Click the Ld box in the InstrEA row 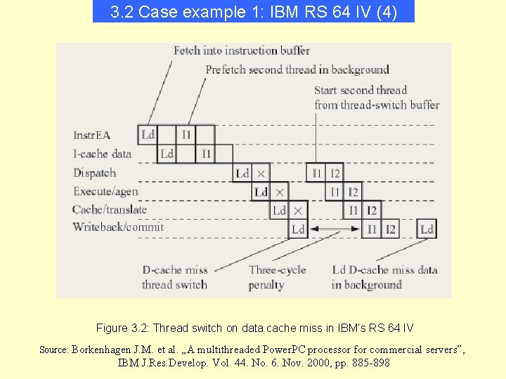(148, 134)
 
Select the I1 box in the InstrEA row (186, 134)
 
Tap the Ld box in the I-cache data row (167, 153)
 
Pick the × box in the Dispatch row (261, 173)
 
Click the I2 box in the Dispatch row (335, 173)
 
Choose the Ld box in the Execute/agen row (261, 192)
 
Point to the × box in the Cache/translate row (298, 211)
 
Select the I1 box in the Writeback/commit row (372, 230)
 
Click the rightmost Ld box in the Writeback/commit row (427, 230)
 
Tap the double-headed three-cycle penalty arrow (335, 230)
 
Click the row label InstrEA (92, 135)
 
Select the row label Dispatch (95, 173)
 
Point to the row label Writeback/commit (118, 227)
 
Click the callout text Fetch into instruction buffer (242, 50)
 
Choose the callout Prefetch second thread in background (297, 69)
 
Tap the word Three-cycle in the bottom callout (277, 270)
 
